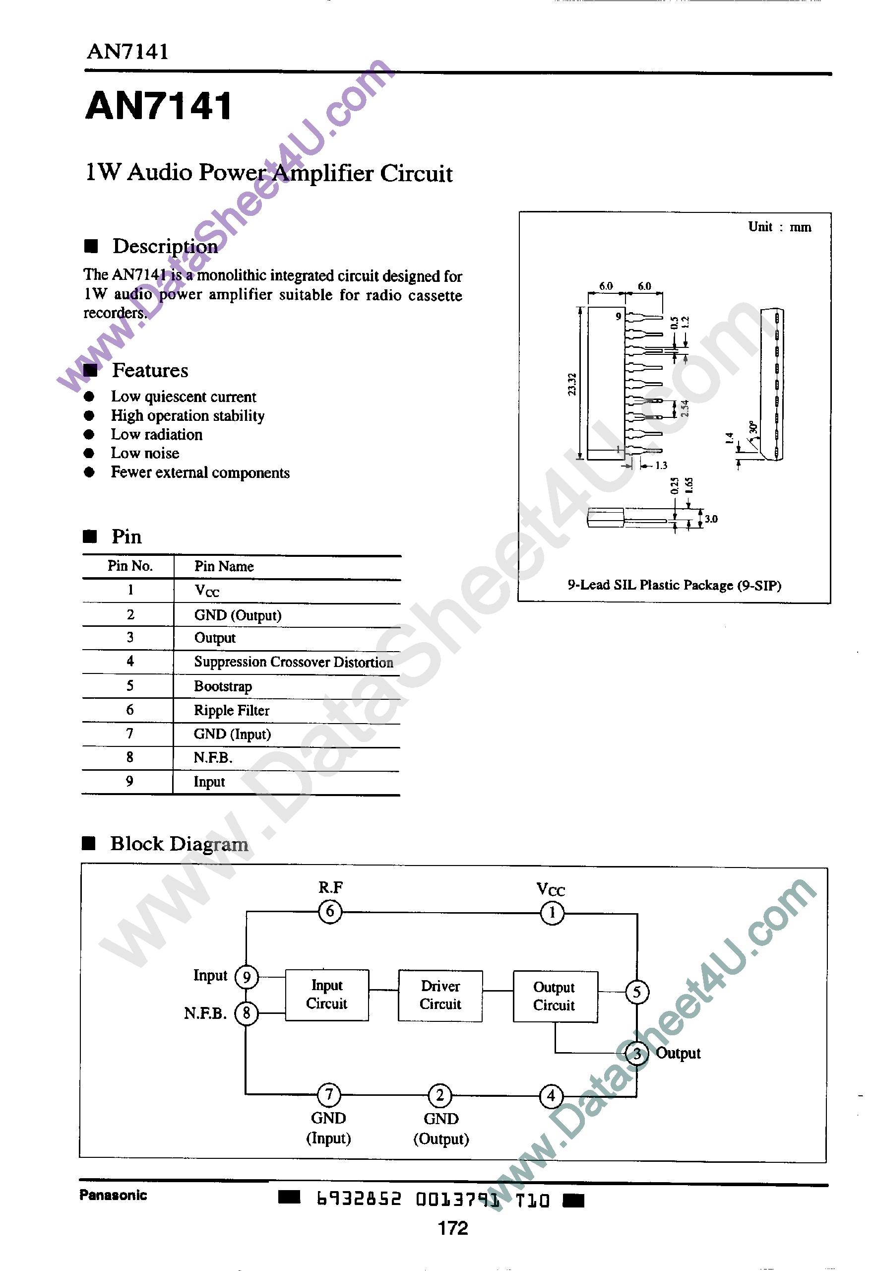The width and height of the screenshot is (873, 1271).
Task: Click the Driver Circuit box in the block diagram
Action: point(440,995)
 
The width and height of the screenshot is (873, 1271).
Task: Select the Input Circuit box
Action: point(326,995)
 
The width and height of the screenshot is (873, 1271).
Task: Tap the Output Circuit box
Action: point(555,997)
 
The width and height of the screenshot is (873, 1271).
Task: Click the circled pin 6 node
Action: point(330,912)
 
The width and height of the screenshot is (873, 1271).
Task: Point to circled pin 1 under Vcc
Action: point(552,913)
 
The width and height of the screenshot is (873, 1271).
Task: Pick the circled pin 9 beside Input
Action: point(246,977)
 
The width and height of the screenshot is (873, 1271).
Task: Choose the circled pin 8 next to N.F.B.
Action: point(246,1013)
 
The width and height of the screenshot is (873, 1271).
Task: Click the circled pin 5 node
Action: point(637,992)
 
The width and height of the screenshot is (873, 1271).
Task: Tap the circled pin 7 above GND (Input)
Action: point(329,1094)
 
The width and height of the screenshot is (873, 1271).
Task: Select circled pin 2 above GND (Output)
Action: point(440,1095)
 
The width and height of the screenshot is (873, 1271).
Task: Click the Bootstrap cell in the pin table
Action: point(223,686)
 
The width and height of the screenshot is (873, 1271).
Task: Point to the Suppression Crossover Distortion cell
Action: point(293,662)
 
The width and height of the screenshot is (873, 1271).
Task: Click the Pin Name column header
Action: point(224,566)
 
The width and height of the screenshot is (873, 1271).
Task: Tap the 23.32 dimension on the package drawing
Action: point(571,384)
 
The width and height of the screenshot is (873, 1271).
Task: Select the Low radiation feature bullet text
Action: point(156,434)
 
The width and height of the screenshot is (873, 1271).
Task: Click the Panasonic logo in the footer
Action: point(113,1195)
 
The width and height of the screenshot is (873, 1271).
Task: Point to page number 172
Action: point(453,1228)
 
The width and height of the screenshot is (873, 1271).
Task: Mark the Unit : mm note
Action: point(779,227)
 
